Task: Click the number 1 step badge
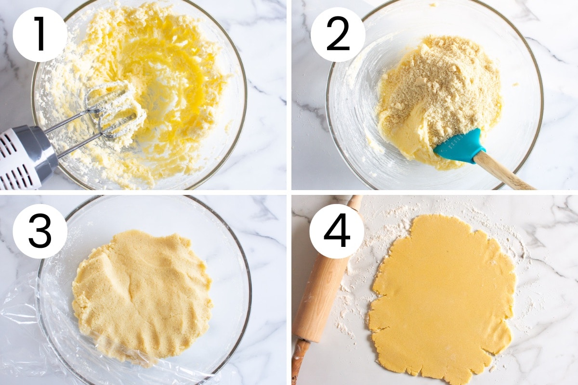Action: click(x=40, y=34)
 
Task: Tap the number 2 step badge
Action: click(x=338, y=34)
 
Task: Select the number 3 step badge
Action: click(x=40, y=231)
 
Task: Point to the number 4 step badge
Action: click(x=337, y=231)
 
